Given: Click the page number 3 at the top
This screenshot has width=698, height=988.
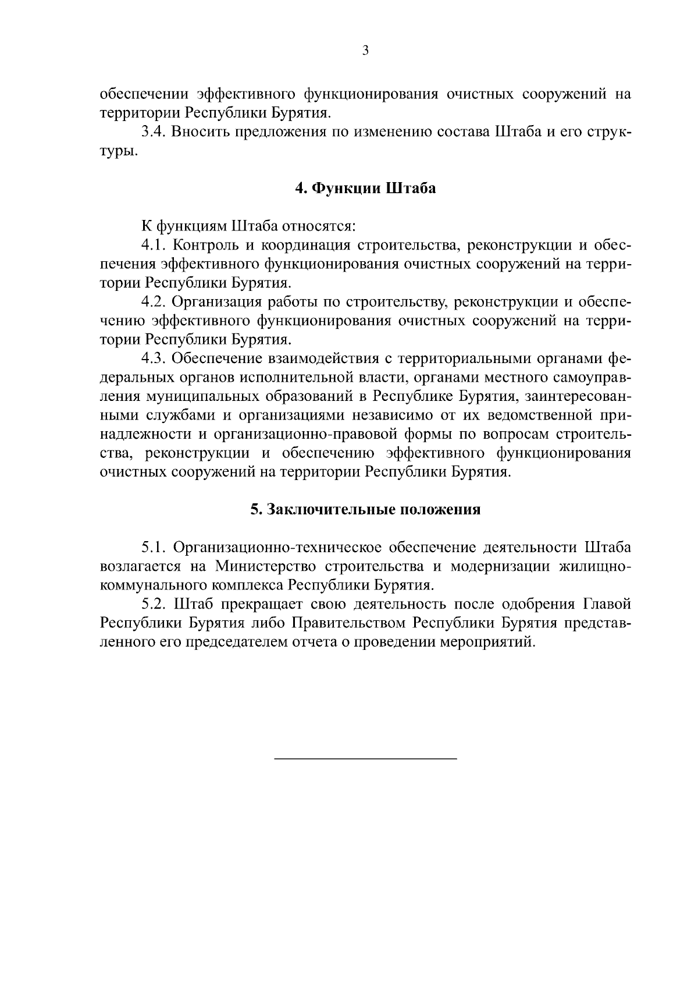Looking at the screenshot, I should point(365,51).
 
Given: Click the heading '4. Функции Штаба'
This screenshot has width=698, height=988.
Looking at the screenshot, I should point(365,189).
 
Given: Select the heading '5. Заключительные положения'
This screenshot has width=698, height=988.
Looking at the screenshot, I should point(365,510).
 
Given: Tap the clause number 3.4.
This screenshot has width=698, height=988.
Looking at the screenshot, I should point(154,132).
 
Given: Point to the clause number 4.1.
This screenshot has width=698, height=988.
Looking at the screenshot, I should point(154,246).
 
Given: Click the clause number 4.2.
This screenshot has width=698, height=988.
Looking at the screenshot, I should point(154,302).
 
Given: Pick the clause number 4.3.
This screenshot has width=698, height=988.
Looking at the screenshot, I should point(154,358).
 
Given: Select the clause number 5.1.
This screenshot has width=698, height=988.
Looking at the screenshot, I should point(154,548).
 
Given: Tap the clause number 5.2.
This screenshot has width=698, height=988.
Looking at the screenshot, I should point(154,605).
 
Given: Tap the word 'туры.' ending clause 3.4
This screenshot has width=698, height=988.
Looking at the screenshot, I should point(119,152).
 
